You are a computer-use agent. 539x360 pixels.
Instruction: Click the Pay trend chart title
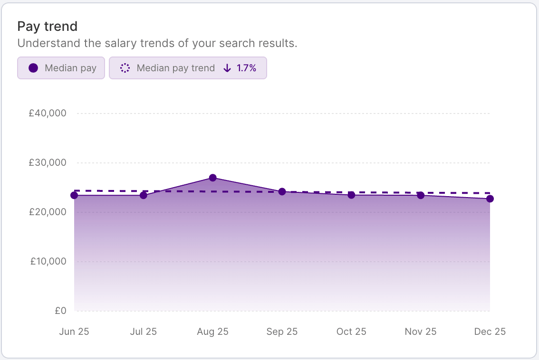click(47, 26)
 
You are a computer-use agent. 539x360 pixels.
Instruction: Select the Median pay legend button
click(61, 68)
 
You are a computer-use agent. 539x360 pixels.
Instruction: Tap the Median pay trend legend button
click(188, 68)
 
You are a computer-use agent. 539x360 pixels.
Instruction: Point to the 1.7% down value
click(246, 68)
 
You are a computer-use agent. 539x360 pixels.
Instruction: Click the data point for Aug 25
click(213, 178)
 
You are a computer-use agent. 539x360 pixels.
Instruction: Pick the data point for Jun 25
click(74, 195)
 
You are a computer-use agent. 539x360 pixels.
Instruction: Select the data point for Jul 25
click(144, 195)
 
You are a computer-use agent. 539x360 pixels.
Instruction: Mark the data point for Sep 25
click(282, 191)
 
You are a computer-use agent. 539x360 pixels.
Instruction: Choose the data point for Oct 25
click(351, 195)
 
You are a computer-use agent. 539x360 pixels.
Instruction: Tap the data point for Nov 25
click(421, 195)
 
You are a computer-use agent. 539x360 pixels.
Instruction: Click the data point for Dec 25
click(490, 199)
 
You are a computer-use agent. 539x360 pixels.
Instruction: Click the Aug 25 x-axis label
click(212, 332)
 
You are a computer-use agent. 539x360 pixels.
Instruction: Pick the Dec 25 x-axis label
click(490, 332)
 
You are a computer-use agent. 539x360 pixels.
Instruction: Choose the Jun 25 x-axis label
click(74, 332)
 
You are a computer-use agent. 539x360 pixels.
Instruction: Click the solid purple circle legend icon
click(33, 68)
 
